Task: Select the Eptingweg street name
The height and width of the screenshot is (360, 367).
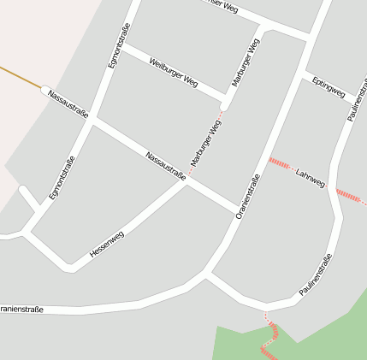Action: point(329,86)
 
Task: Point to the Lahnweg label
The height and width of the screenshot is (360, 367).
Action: point(311,178)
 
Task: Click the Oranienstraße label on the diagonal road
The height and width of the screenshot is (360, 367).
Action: point(247,196)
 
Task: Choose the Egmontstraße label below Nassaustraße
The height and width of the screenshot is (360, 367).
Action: point(62,178)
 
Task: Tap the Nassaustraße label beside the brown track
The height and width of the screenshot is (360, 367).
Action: point(68,103)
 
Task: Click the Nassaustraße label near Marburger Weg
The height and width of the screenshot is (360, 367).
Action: point(166,166)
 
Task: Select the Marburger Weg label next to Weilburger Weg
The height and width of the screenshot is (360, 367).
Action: point(246,62)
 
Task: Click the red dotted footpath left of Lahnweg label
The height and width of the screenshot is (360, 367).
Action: point(280,162)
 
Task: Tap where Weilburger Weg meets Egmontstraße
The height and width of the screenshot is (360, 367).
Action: point(121,48)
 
